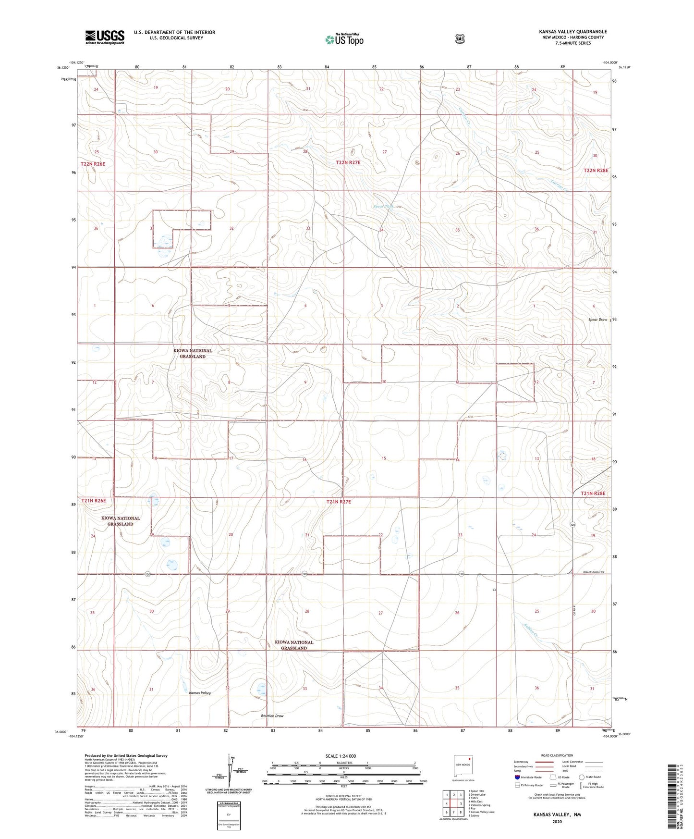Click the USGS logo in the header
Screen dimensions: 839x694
pos(105,37)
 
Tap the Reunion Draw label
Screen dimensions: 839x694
pos(272,716)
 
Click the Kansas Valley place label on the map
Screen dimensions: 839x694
pos(200,693)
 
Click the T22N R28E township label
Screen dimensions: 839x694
pos(596,171)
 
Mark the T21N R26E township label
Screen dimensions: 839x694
pos(93,501)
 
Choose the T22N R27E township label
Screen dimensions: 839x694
pos(348,163)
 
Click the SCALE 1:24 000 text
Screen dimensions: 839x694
pos(341,756)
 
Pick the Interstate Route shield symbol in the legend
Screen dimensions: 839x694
pos(517,777)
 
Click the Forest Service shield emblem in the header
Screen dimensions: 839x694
pos(460,38)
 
